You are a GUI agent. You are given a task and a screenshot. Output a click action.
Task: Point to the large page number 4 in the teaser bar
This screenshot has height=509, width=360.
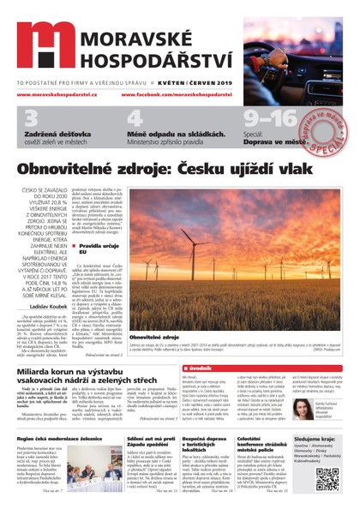(135, 118)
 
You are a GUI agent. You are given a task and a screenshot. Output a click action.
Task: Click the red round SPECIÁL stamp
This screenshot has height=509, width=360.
(322, 123)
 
